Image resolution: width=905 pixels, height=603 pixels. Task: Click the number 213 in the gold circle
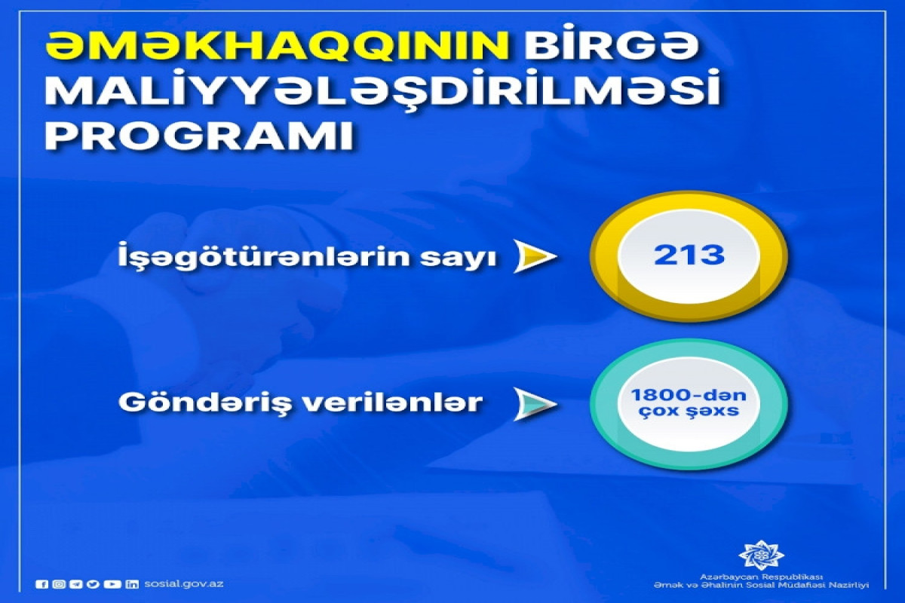[689, 256]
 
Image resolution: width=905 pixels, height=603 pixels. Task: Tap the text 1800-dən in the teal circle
[689, 396]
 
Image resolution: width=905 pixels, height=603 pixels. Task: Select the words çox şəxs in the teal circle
[689, 411]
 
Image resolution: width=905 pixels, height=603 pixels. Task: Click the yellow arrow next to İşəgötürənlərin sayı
[535, 257]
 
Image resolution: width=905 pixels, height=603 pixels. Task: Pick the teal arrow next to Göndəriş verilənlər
[535, 404]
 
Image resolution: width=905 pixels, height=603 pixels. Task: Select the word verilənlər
[394, 402]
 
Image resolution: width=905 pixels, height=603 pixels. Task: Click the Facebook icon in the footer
[41, 584]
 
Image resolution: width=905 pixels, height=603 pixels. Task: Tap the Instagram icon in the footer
[60, 584]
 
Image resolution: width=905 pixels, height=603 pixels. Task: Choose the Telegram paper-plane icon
[77, 584]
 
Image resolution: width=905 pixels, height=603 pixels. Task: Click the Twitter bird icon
[94, 584]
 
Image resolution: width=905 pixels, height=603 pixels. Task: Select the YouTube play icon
[112, 584]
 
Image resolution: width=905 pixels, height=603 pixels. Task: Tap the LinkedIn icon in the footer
[132, 584]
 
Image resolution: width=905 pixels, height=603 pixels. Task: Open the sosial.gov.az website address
[183, 584]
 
